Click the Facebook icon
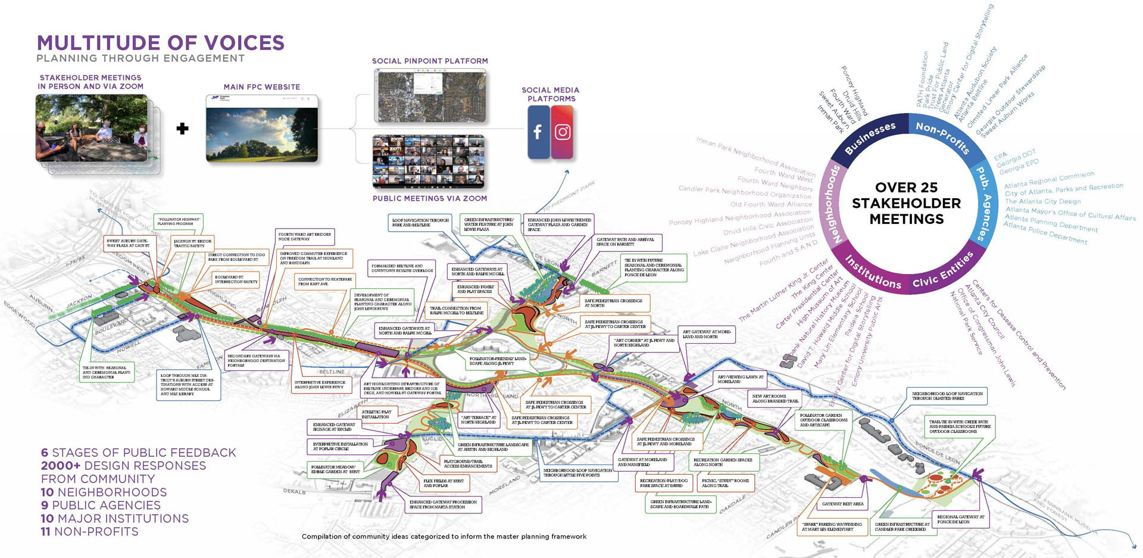tap(538, 132)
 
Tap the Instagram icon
tap(563, 132)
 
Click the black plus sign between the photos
tap(183, 128)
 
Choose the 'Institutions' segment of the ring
tap(873, 272)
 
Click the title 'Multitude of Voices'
tap(161, 43)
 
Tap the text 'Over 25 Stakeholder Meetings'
tap(906, 203)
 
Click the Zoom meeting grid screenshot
tap(429, 162)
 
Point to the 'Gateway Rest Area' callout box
tap(843, 504)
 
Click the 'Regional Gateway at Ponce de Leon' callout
tap(960, 519)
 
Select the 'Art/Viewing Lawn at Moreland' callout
tap(741, 379)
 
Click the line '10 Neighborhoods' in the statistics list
tap(104, 492)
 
